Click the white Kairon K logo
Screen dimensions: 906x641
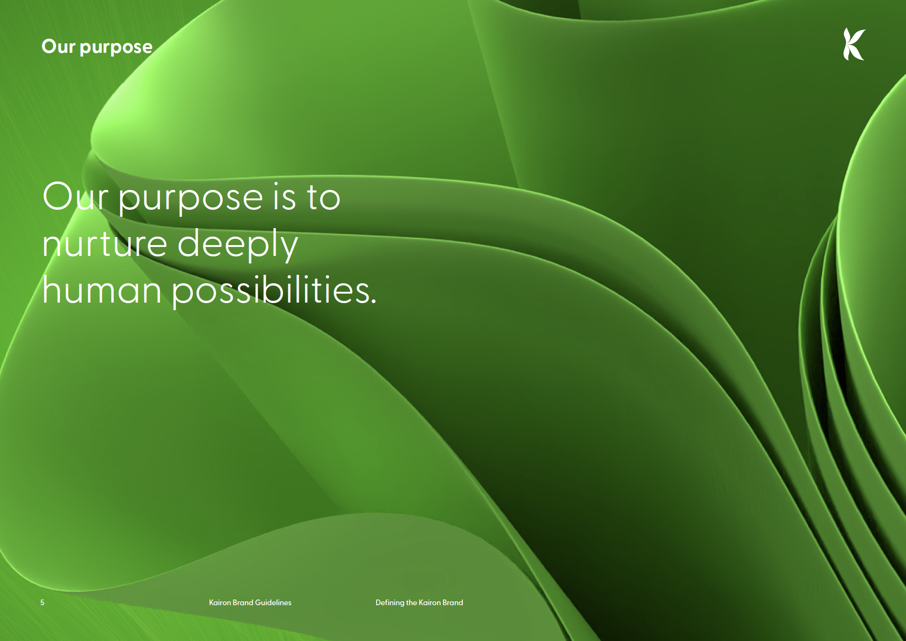pyautogui.click(x=854, y=44)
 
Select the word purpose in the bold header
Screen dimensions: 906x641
pyautogui.click(x=116, y=48)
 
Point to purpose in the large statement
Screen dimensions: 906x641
pyautogui.click(x=190, y=199)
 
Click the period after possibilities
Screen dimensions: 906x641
pyautogui.click(x=374, y=301)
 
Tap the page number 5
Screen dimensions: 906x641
pyautogui.click(x=42, y=602)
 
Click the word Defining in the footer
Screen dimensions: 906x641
pyautogui.click(x=390, y=603)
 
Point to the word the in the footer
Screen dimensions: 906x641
pyautogui.click(x=411, y=602)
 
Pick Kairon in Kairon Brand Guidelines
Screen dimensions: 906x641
pyautogui.click(x=220, y=602)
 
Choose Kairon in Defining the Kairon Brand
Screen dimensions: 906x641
pyautogui.click(x=429, y=602)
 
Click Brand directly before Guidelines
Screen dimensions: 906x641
pyautogui.click(x=243, y=602)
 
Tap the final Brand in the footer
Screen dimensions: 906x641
pyautogui.click(x=453, y=602)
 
